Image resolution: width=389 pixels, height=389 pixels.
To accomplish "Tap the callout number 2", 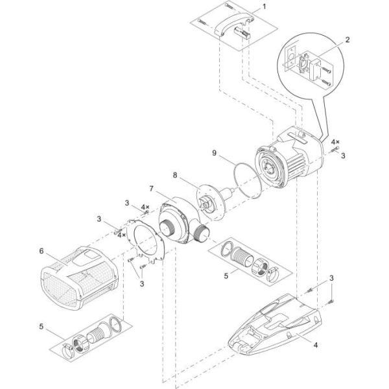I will (347, 40).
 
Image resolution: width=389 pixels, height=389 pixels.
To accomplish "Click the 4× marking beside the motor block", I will (334, 141).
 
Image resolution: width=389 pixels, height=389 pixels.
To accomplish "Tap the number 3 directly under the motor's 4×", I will (343, 155).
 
